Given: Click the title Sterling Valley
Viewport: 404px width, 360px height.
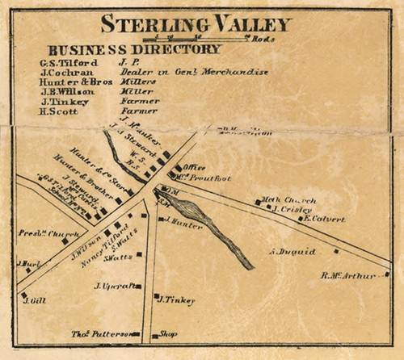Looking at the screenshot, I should click(x=196, y=23).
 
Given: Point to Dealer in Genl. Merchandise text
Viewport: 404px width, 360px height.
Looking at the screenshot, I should click(x=193, y=72).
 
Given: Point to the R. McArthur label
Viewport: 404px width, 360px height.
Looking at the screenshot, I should click(x=349, y=275).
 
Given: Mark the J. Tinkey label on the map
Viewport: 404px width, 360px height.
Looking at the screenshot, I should click(x=177, y=300).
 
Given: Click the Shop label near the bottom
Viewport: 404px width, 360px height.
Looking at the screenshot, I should click(x=168, y=333).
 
